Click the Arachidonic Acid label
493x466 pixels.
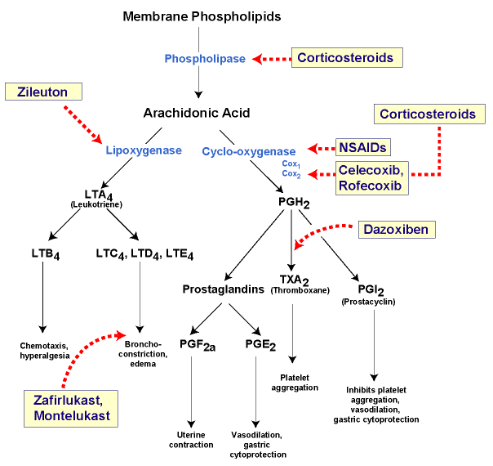pyautogui.click(x=197, y=113)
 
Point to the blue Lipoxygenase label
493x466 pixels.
pyautogui.click(x=144, y=150)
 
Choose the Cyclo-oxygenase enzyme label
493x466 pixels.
pyautogui.click(x=248, y=150)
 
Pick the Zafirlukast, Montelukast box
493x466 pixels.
pyautogui.click(x=71, y=407)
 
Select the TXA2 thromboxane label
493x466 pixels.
pyautogui.click(x=291, y=284)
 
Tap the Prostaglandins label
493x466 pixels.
pyautogui.click(x=223, y=289)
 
